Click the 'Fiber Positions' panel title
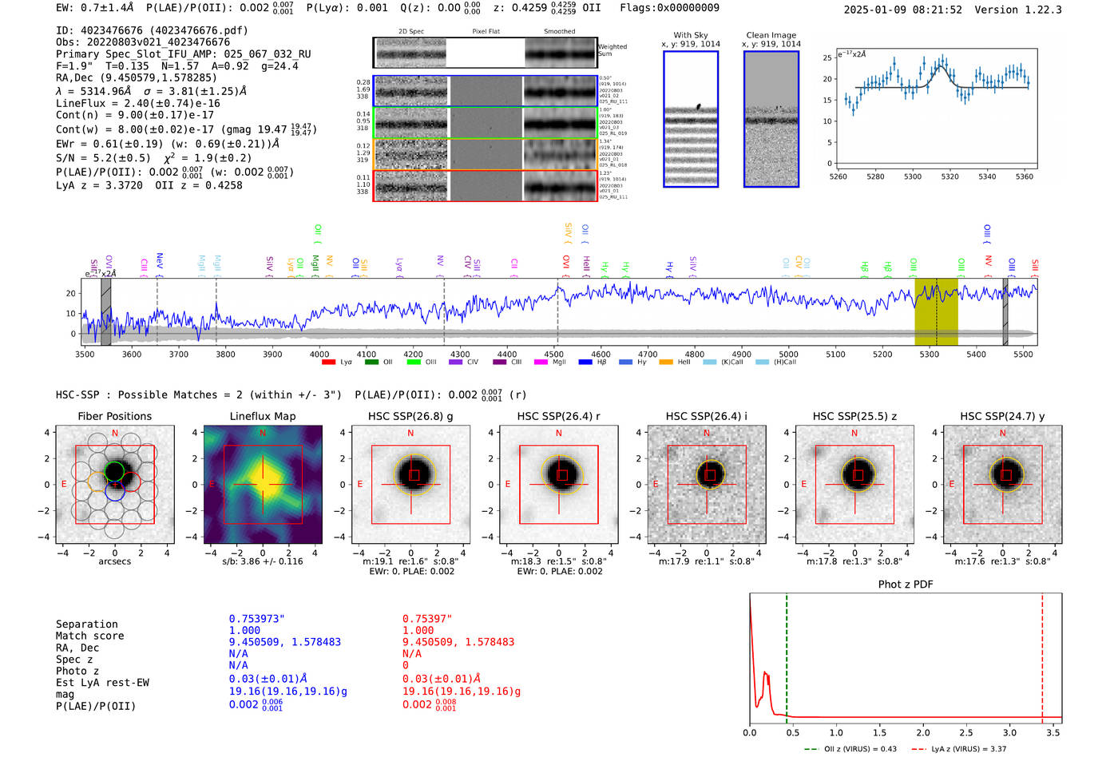point(114,416)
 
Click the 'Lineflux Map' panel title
point(263,416)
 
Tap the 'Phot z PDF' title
point(906,585)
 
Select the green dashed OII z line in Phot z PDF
point(787,655)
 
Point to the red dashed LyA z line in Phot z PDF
point(1042,655)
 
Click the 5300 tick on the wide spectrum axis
point(929,355)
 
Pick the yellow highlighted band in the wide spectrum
point(936,311)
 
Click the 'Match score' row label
point(89,636)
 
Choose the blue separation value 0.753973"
point(256,619)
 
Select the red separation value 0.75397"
point(427,619)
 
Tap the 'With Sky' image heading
point(691,35)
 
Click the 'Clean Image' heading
point(771,35)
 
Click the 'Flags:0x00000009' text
point(669,8)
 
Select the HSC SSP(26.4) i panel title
point(707,416)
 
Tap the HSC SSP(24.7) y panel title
point(1002,416)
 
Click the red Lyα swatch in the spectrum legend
point(328,363)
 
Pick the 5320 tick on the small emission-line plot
point(950,176)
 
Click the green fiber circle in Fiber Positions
point(115,470)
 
